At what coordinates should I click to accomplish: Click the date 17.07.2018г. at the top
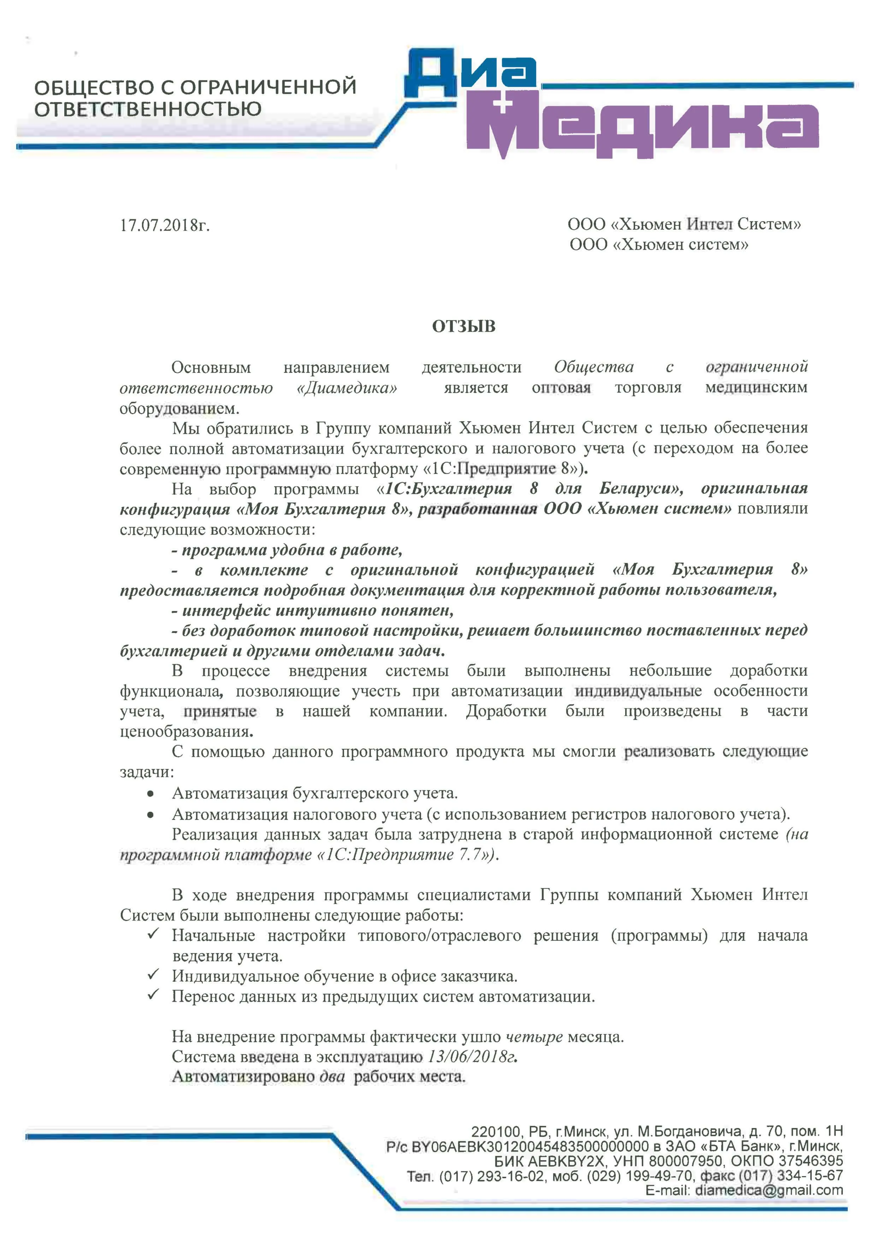(165, 225)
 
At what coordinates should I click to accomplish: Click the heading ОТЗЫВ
(463, 327)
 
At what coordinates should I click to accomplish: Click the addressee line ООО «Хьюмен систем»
(659, 245)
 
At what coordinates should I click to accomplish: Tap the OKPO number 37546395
(810, 1161)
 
